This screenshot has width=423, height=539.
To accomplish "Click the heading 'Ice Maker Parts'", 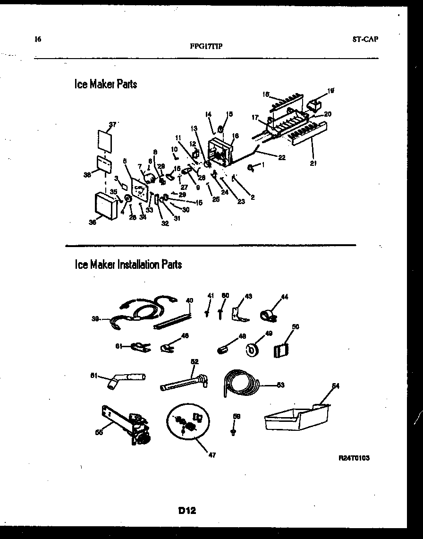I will coord(106,84).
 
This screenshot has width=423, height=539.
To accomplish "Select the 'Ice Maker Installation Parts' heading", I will coord(128,265).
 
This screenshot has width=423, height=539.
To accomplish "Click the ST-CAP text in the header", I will coord(365,39).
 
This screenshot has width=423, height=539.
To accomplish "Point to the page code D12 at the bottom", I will coord(187,510).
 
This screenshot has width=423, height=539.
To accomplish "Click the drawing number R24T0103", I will coord(354,458).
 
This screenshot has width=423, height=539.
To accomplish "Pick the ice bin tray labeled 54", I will coord(295,417).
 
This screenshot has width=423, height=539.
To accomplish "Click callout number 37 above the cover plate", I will coord(112,124).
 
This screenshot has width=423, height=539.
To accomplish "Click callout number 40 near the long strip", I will coord(189,300).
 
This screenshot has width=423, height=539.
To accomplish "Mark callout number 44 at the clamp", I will coord(284,297).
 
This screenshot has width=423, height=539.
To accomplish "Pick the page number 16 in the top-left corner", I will coord(38,39).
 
